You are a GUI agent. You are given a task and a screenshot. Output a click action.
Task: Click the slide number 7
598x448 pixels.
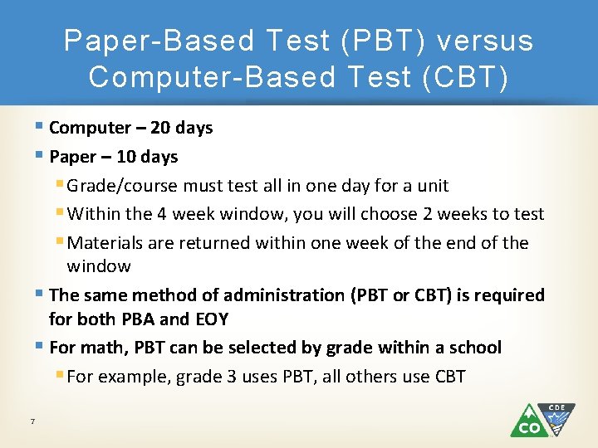[32, 422]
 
